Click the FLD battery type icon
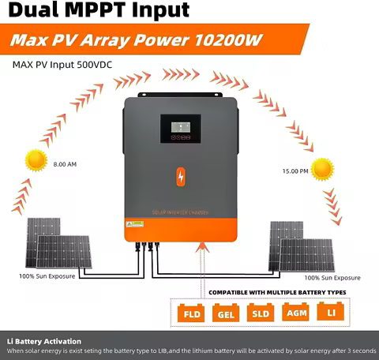tap(189, 313)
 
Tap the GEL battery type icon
tap(223, 313)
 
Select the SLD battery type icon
tap(260, 313)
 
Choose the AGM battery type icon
tap(295, 313)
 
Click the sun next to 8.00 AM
tap(36, 160)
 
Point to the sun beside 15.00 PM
tap(322, 169)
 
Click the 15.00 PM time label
tap(285, 170)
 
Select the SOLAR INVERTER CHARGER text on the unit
tap(182, 212)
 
